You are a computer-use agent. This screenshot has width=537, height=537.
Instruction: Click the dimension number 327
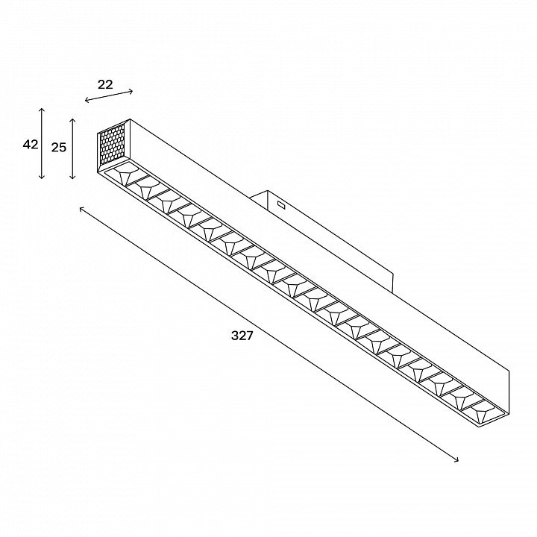click(x=242, y=336)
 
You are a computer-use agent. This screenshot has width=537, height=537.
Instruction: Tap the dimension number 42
click(x=30, y=145)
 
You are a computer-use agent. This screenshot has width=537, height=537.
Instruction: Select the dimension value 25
click(x=59, y=147)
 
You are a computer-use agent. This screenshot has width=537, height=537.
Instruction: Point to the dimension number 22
click(x=105, y=84)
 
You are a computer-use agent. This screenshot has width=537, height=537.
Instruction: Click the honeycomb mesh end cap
click(x=112, y=144)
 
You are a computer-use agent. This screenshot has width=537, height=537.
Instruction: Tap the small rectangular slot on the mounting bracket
click(x=281, y=205)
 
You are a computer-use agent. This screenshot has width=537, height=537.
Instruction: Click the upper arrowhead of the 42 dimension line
click(x=42, y=108)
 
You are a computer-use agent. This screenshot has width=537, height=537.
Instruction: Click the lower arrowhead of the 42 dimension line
click(x=42, y=178)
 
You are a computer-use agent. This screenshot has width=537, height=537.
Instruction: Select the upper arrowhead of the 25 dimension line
click(x=72, y=119)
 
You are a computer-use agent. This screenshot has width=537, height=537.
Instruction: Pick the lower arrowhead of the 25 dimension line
click(x=72, y=178)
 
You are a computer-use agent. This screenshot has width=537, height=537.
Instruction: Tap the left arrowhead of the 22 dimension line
click(x=86, y=100)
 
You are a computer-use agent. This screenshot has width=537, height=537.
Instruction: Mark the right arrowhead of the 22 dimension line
click(x=132, y=91)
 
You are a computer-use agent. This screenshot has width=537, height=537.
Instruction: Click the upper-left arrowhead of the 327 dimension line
click(x=81, y=208)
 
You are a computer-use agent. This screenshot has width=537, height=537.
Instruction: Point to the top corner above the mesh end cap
click(x=130, y=119)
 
